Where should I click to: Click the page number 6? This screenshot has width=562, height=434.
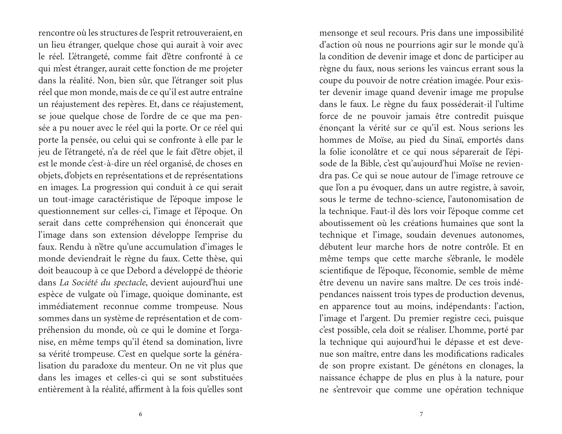click(x=140, y=414)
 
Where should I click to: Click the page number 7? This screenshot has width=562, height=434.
click(x=421, y=414)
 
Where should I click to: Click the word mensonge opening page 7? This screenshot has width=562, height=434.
click(x=336, y=33)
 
